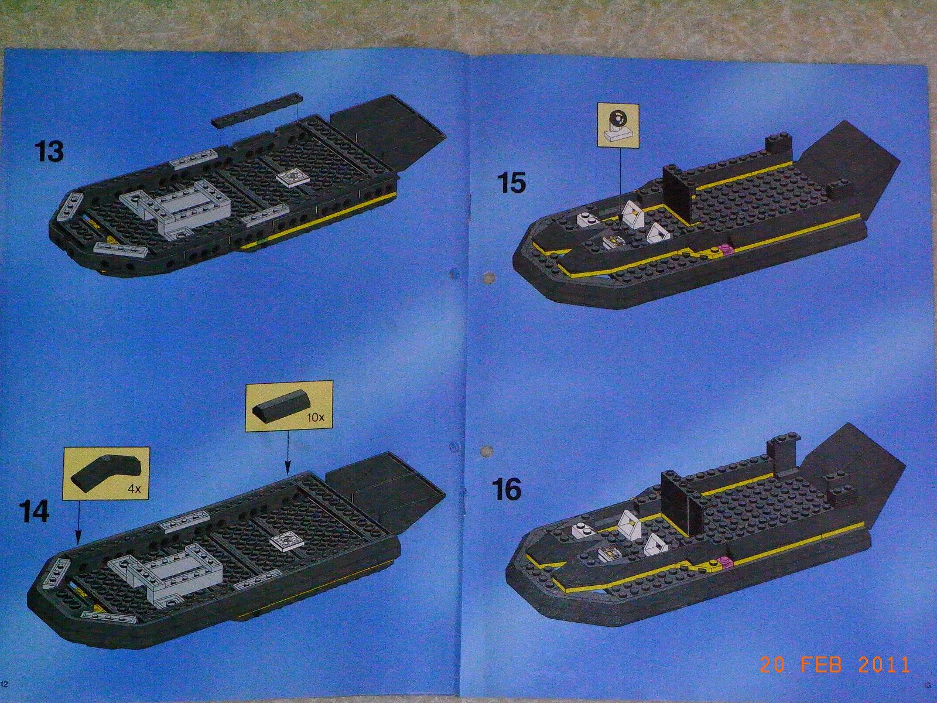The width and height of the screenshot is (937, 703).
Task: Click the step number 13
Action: (50, 152)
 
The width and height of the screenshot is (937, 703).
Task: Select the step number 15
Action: (512, 183)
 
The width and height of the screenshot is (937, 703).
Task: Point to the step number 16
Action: (507, 490)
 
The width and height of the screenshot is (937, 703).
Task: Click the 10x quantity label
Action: (315, 417)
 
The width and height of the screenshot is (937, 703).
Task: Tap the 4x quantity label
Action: (134, 489)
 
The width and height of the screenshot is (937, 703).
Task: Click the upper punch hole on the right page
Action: (485, 278)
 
